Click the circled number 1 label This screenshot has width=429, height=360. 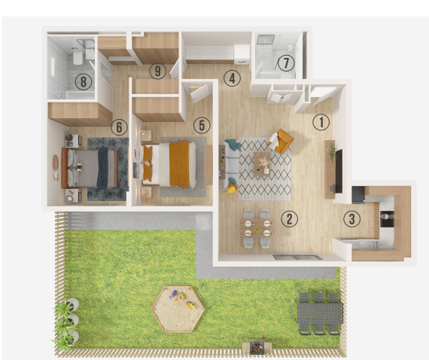pos(321,122)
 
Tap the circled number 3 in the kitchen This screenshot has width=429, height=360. pos(351,218)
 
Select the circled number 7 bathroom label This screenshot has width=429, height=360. pos(286,63)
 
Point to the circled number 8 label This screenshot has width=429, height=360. pos(84,81)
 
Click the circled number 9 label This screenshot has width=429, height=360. pos(158,72)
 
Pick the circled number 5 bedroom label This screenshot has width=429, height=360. pos(202,125)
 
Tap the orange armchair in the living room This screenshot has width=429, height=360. pos(283,142)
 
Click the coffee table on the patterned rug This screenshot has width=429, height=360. pos(262,163)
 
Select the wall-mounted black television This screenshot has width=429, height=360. pos(339,171)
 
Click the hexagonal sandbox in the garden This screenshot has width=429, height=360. pos(178,309)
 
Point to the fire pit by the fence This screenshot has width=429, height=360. pos(257,347)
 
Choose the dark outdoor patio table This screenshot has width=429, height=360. pos(320,313)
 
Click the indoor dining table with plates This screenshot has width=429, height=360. pos(257,227)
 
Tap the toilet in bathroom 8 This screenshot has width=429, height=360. pos(78,58)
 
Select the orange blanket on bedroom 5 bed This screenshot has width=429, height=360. pos(179,164)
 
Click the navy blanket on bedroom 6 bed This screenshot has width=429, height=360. pos(102,168)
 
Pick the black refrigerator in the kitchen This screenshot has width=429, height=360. pos(358,194)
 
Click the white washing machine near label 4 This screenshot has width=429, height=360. pos(242,54)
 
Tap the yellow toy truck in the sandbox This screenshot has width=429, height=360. pos(190,305)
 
